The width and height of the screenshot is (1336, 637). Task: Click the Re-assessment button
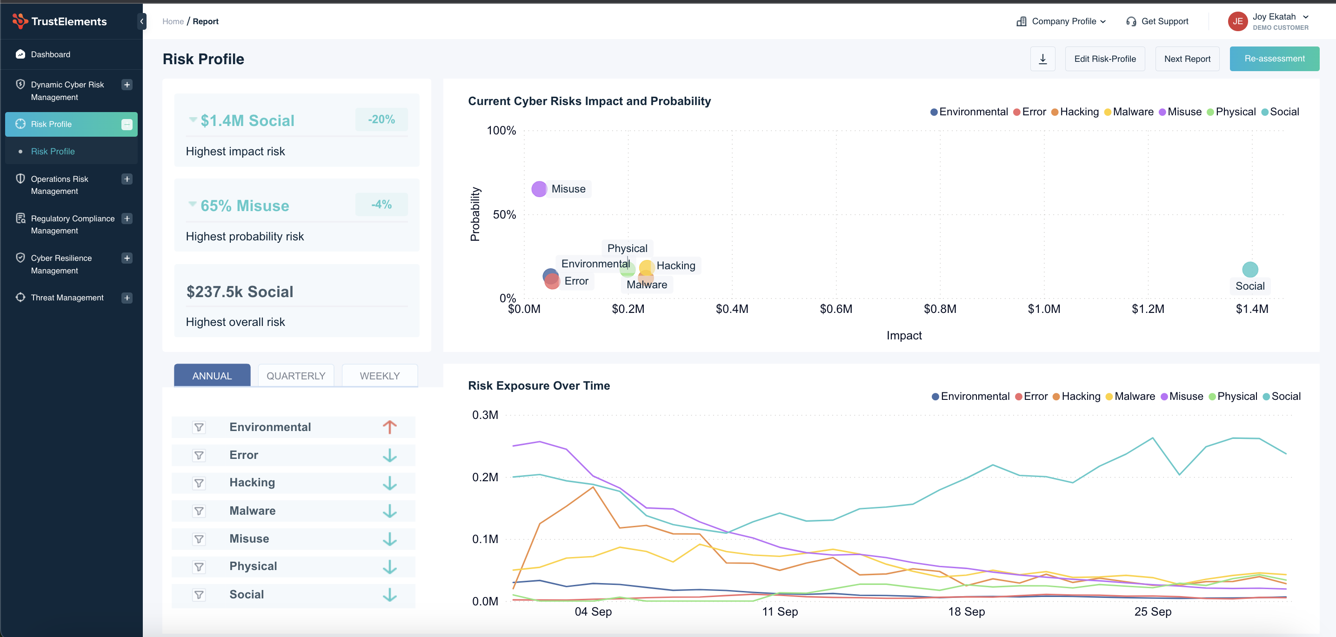pyautogui.click(x=1274, y=59)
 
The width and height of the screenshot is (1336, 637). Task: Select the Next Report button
pyautogui.click(x=1187, y=59)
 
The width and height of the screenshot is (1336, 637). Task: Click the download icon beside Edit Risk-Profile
pyautogui.click(x=1042, y=59)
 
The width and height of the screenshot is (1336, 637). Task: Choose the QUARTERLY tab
pyautogui.click(x=295, y=376)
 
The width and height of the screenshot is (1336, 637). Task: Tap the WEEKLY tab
pyautogui.click(x=380, y=376)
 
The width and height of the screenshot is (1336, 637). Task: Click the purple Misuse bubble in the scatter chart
pyautogui.click(x=539, y=189)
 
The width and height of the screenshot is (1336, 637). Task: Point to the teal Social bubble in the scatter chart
pyautogui.click(x=1250, y=270)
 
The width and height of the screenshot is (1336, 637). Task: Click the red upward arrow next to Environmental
pyautogui.click(x=389, y=427)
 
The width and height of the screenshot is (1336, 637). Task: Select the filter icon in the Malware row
pyautogui.click(x=199, y=511)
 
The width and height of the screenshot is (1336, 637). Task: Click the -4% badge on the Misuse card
pyautogui.click(x=381, y=205)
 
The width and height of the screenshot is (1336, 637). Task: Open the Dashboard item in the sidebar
pyautogui.click(x=50, y=54)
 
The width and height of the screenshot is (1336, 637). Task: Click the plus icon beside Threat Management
pyautogui.click(x=127, y=298)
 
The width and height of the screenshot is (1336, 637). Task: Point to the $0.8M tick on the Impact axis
pyautogui.click(x=940, y=309)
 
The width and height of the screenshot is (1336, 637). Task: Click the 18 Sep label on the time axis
pyautogui.click(x=966, y=611)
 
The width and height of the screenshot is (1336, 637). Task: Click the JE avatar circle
pyautogui.click(x=1237, y=21)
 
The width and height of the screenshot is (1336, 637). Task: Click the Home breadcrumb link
pyautogui.click(x=173, y=21)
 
